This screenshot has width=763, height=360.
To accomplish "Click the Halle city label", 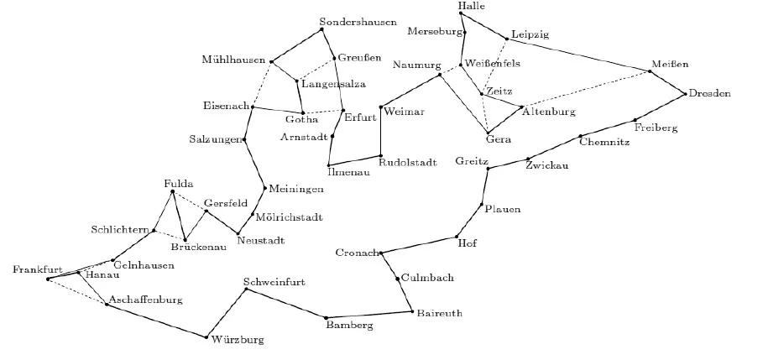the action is pyautogui.click(x=472, y=6).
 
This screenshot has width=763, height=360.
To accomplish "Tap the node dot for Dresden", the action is pyautogui.click(x=685, y=94).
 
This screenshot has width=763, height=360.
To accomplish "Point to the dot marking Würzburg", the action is pyautogui.click(x=206, y=337).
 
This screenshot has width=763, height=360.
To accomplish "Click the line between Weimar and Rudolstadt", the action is pyautogui.click(x=380, y=132).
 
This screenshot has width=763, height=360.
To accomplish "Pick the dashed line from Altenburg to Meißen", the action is pyautogui.click(x=585, y=89).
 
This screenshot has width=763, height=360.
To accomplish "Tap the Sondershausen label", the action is pyautogui.click(x=358, y=22).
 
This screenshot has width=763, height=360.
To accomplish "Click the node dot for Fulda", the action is pyautogui.click(x=172, y=191).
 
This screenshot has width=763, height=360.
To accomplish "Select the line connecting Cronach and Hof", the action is pyautogui.click(x=419, y=245).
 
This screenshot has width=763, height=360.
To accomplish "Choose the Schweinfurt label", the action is pyautogui.click(x=274, y=282).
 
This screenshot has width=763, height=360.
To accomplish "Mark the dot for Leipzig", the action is pyautogui.click(x=506, y=39).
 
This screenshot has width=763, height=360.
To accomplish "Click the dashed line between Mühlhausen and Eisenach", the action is pyautogui.click(x=262, y=84).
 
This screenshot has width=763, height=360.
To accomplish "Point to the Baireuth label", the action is pyautogui.click(x=439, y=313).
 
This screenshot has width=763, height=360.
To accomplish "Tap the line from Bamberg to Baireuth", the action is pyautogui.click(x=369, y=315).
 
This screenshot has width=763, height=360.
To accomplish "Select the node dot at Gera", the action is pyautogui.click(x=488, y=133).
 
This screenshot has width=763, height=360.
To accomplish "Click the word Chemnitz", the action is pyautogui.click(x=604, y=142).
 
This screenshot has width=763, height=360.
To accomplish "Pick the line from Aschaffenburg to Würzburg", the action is pyautogui.click(x=156, y=321).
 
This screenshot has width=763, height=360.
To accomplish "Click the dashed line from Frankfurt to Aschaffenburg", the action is pyautogui.click(x=77, y=291).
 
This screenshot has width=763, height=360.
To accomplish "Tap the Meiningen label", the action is pyautogui.click(x=295, y=189).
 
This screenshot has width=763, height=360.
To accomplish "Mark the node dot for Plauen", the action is pyautogui.click(x=482, y=204).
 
